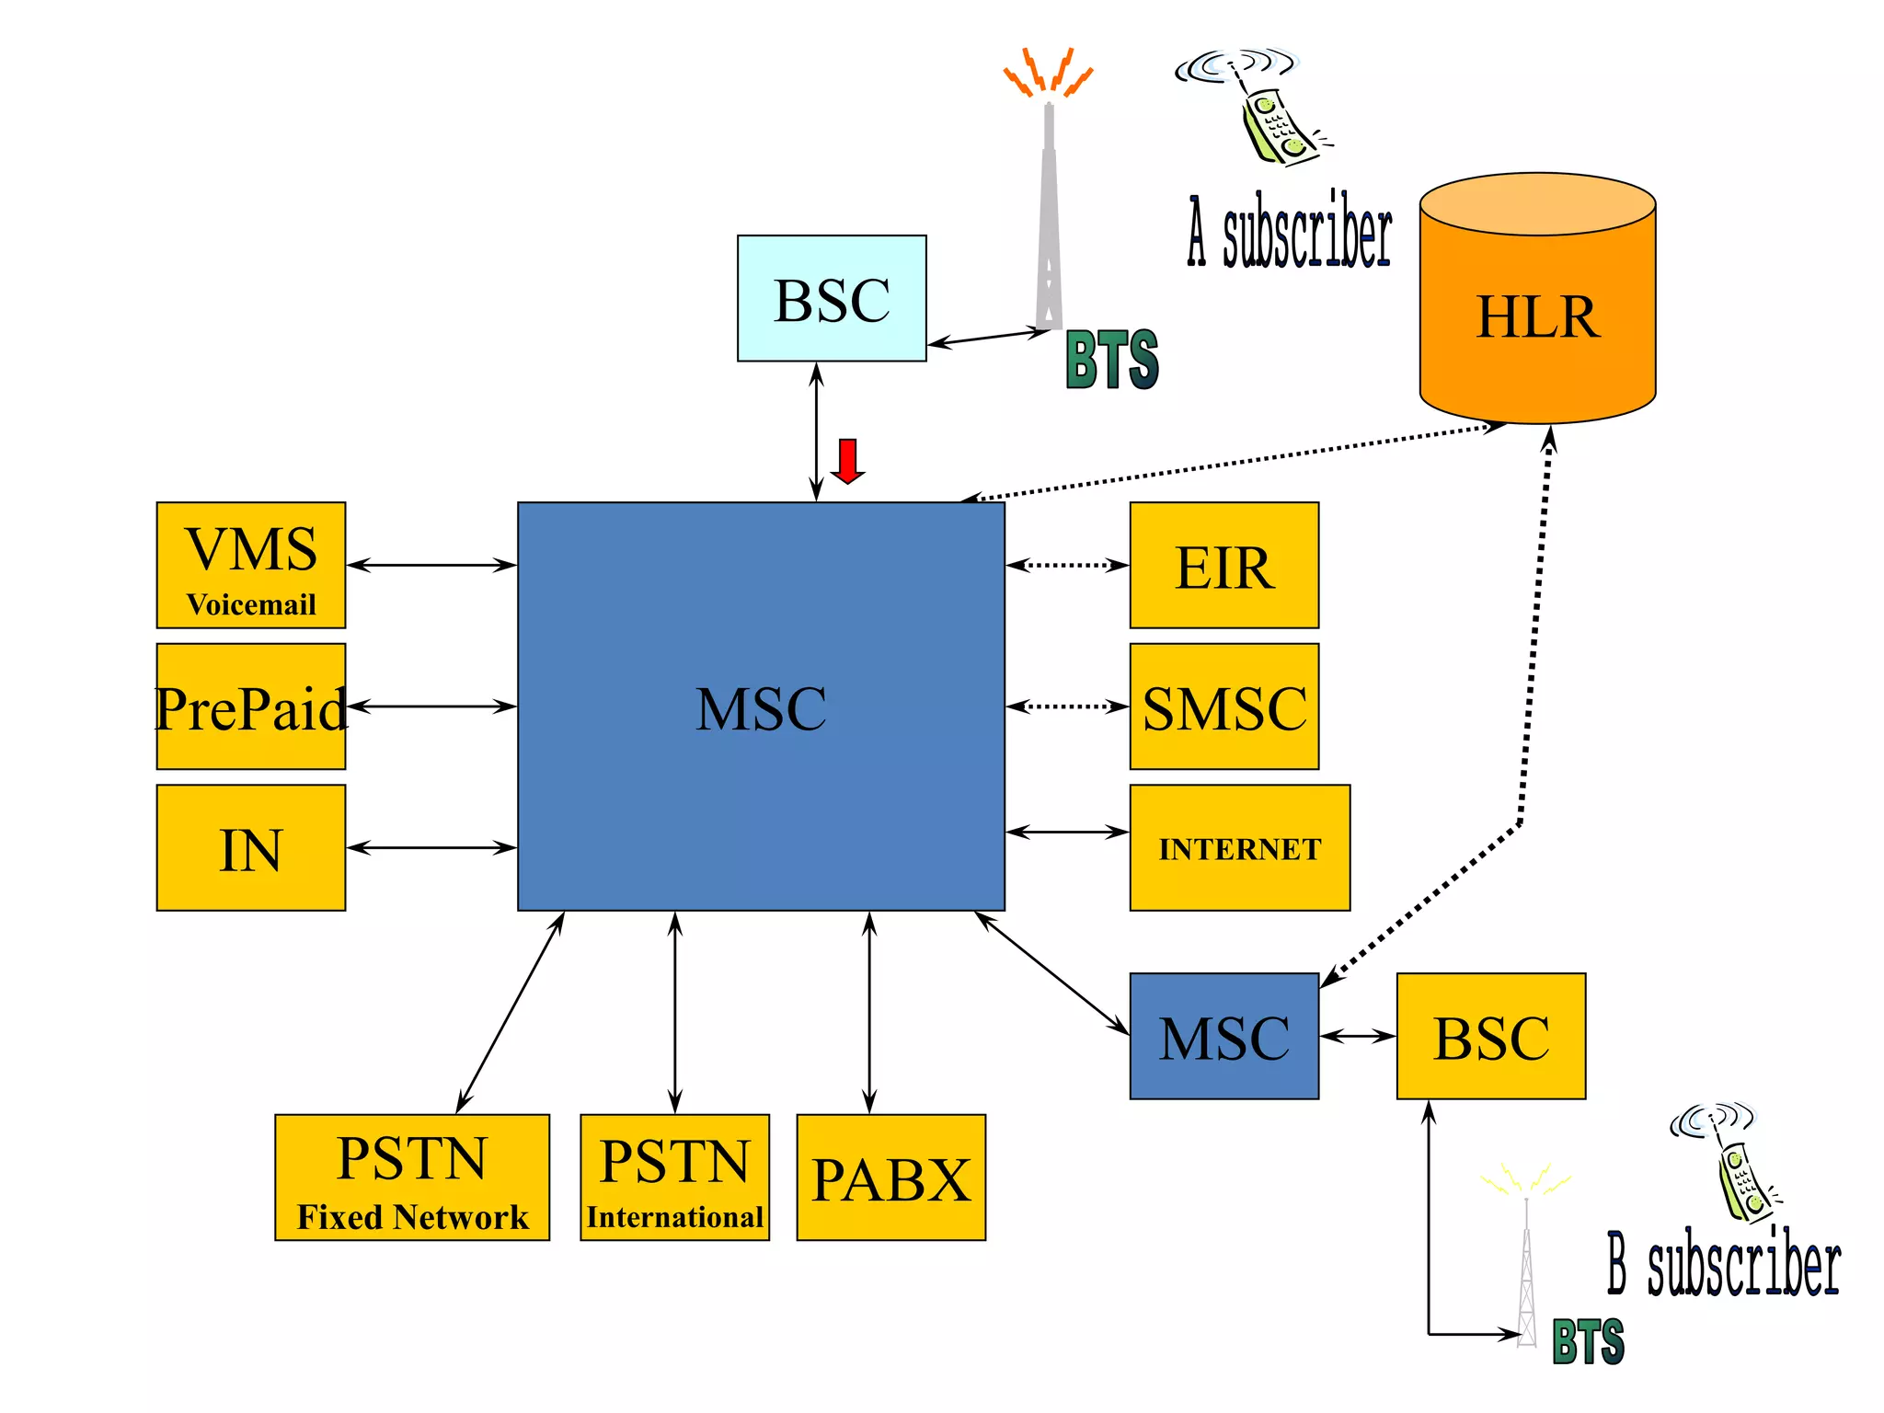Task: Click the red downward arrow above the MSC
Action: coord(847,461)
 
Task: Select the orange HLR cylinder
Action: coord(1537,313)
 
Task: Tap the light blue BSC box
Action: coord(832,298)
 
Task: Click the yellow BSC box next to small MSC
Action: coord(1490,1036)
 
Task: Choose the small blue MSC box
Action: coord(1223,1036)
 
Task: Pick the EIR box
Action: coord(1223,565)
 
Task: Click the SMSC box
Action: coord(1223,706)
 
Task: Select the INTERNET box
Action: coord(1239,847)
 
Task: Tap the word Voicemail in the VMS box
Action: coord(251,604)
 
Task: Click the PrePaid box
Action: coord(251,706)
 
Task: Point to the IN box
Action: coord(251,847)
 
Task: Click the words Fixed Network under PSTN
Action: coord(412,1216)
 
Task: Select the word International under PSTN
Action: coord(674,1216)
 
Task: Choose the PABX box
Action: coord(890,1177)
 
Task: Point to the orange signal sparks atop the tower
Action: coord(1048,72)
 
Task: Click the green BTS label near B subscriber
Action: coord(1588,1341)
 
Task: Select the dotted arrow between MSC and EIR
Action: coord(1067,565)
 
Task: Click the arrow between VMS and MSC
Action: coord(431,565)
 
